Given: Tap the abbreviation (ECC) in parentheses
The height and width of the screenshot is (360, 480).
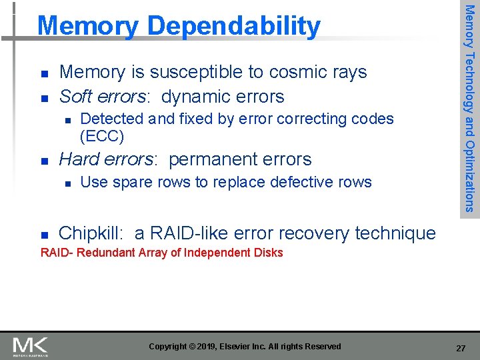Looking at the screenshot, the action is click(101, 137).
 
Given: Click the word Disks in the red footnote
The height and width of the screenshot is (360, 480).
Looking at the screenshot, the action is click(269, 253).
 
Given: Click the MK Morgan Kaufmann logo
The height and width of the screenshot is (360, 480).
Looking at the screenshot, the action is click(30, 346).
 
